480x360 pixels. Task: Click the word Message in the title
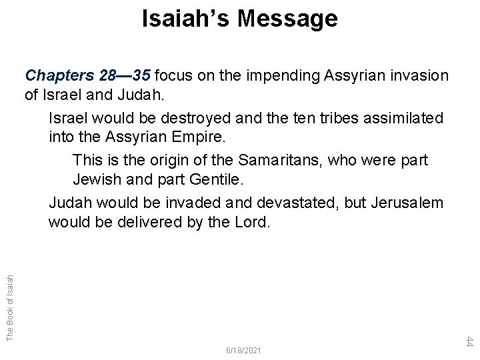(287, 19)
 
